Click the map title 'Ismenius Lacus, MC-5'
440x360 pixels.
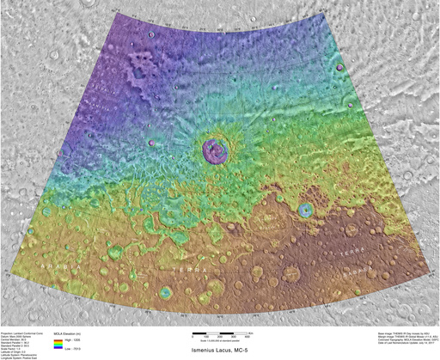(219, 351)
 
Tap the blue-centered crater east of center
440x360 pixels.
(305, 209)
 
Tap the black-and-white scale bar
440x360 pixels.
(219, 332)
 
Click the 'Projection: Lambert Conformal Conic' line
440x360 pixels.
(26, 330)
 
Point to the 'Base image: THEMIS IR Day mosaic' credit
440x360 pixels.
(383, 330)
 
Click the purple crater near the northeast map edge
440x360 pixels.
(340, 67)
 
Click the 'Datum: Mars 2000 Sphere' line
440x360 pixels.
(21, 333)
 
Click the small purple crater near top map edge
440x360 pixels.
(151, 35)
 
